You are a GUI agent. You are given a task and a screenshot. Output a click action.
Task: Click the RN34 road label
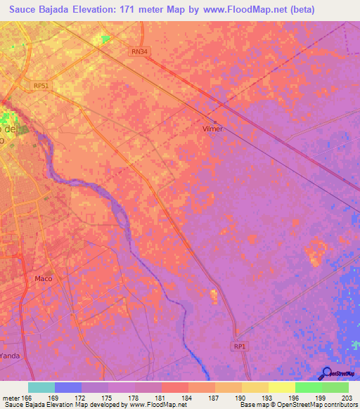click(x=140, y=51)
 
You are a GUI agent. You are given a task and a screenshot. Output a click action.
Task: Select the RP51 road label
click(x=41, y=86)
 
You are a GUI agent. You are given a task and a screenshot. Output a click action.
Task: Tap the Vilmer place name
click(x=212, y=129)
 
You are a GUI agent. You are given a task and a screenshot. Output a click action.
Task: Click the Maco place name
click(x=43, y=278)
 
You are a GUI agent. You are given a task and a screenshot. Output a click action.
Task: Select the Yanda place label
click(x=10, y=356)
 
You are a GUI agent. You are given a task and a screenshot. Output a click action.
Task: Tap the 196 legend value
click(x=295, y=397)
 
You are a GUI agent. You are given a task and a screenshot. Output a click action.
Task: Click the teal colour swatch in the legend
click(x=41, y=387)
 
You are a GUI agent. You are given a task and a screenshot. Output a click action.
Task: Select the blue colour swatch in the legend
click(x=68, y=387)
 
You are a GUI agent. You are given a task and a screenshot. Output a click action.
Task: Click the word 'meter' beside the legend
click(x=10, y=397)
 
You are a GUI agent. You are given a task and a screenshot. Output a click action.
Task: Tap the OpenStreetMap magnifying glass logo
click(x=326, y=374)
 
